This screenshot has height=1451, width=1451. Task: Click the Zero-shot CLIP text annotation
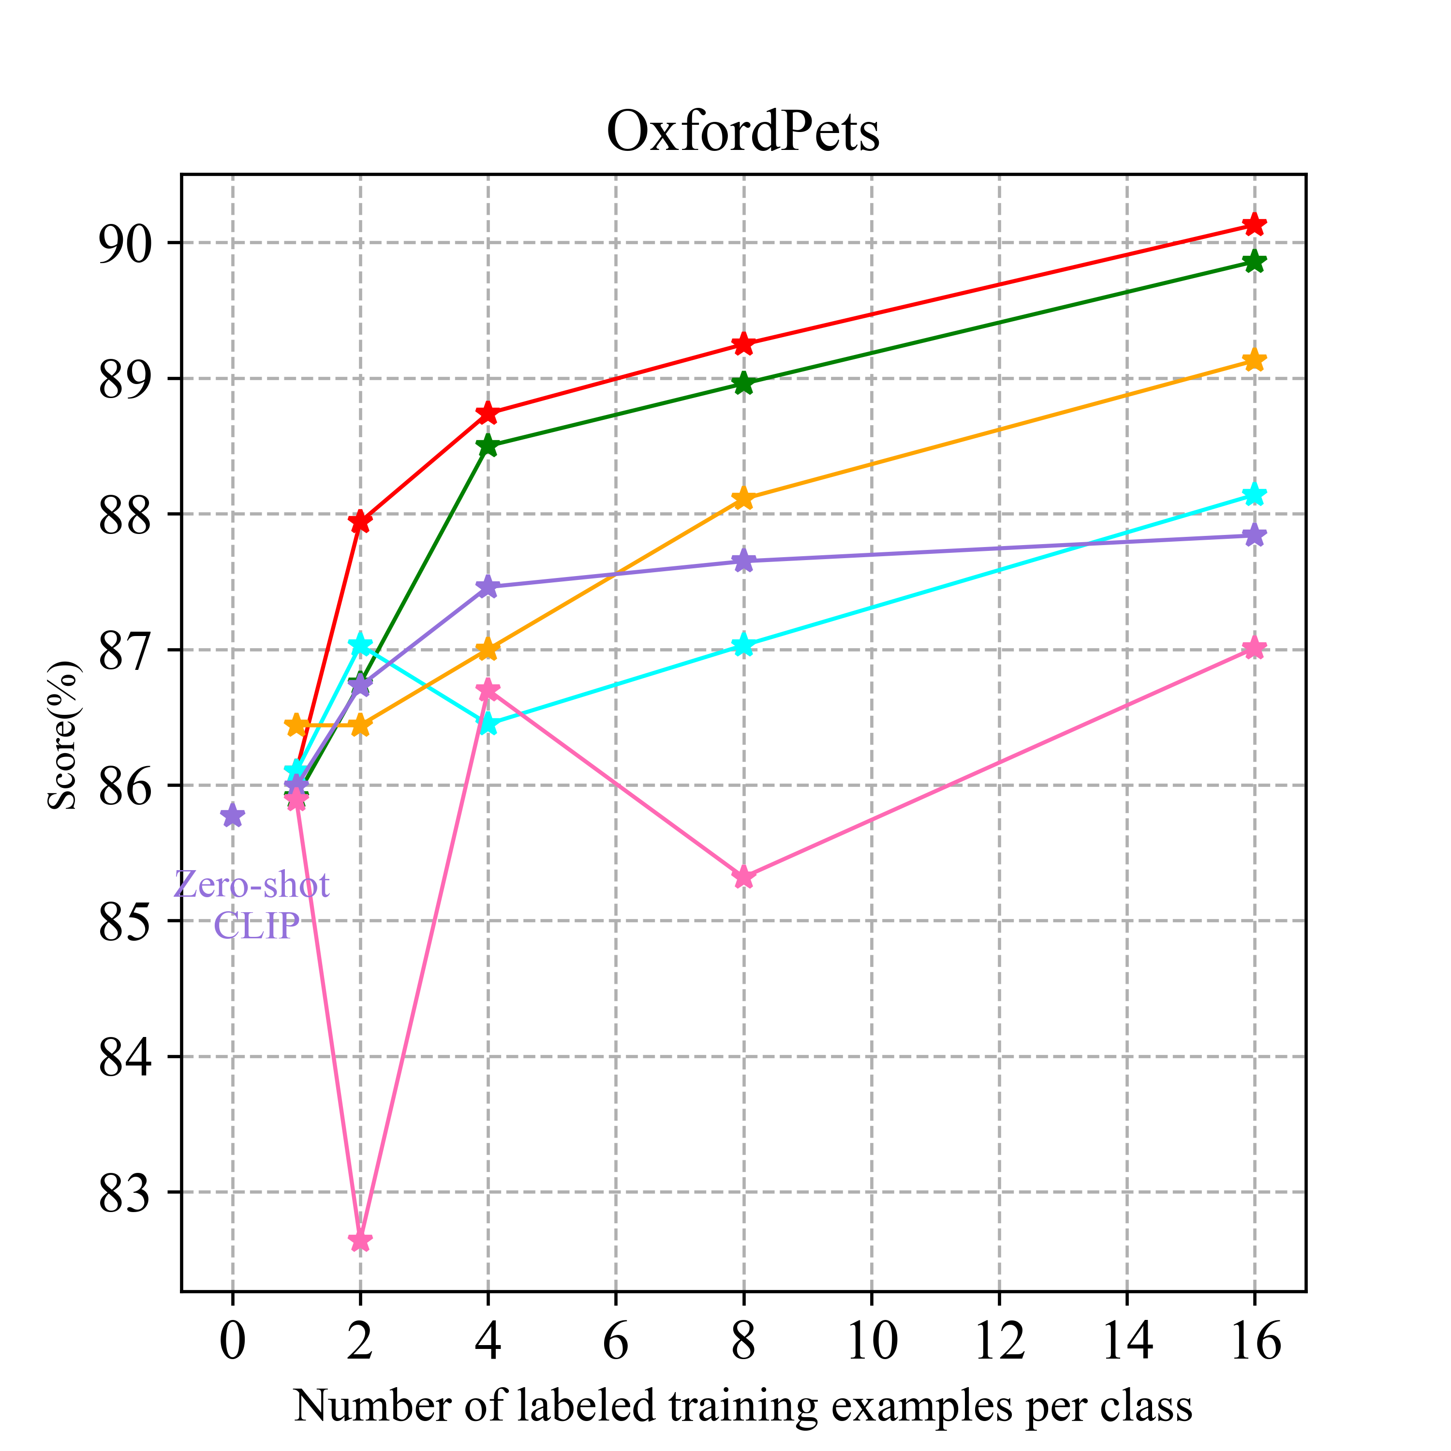pos(252,905)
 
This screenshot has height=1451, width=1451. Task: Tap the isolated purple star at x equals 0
pos(233,815)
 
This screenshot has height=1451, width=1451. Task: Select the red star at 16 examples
pos(1254,224)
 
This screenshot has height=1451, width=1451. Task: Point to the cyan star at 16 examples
pos(1254,495)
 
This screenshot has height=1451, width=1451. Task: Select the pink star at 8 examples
pos(743,876)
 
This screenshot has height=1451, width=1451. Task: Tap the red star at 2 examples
pos(360,521)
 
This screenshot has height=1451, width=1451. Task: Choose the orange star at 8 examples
pos(743,498)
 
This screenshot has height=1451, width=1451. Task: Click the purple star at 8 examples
pos(743,560)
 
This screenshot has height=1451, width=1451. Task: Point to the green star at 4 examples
pos(488,445)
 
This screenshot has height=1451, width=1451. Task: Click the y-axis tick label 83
pos(124,1193)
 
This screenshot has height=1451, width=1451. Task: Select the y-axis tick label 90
pos(124,243)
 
